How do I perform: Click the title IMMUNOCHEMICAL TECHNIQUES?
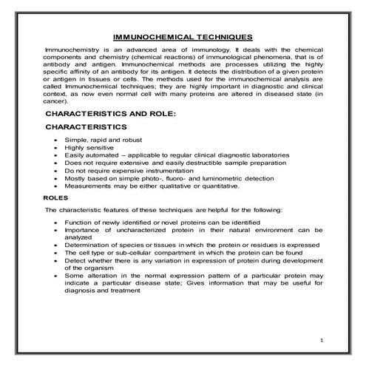[183, 36]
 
